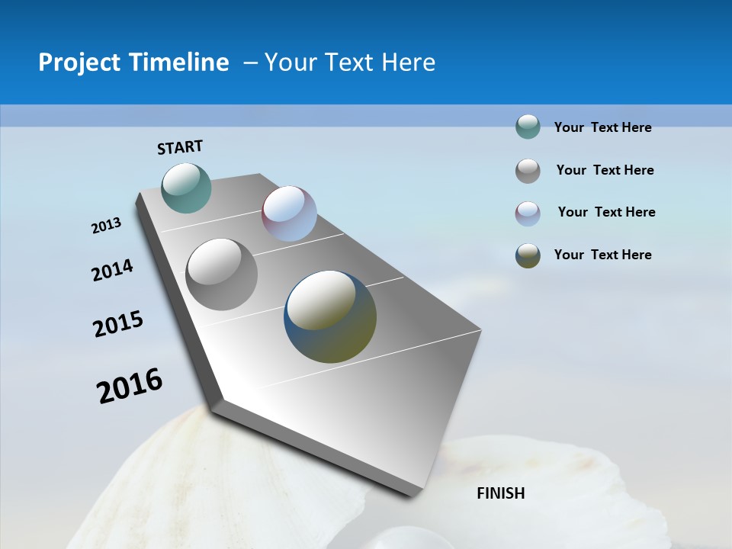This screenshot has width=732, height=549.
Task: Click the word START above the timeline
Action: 180,147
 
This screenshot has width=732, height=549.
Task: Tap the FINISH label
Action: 500,493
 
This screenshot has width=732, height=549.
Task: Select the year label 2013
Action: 106,226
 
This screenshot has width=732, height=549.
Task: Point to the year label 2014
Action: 112,270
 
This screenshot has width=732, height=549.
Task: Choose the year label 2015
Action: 118,324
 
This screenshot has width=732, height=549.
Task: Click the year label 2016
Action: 130,386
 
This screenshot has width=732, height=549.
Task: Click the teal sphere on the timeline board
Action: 186,188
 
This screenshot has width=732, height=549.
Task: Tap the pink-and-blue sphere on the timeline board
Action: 289,213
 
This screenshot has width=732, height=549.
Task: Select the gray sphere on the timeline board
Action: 222,274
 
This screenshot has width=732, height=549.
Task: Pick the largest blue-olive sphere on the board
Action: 330,316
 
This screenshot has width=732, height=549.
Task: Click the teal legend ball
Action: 528,127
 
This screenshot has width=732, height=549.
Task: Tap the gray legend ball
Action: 528,171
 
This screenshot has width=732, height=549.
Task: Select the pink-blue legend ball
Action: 528,213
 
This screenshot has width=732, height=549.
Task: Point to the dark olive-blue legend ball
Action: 528,255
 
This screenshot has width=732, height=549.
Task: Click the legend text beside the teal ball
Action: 602,128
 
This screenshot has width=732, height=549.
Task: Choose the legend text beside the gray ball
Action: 605,170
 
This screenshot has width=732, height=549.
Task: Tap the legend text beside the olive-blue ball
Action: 602,255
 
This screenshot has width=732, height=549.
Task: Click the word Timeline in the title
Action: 178,63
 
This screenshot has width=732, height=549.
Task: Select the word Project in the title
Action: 78,63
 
